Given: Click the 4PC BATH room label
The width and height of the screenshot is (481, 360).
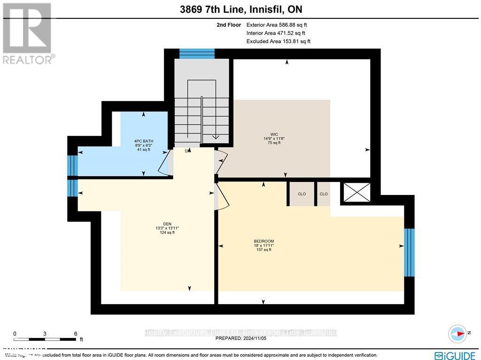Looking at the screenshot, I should coord(144,141).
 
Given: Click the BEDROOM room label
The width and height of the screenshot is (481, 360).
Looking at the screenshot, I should coord(263,241).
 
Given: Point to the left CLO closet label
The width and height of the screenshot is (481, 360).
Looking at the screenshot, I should coord(302,194).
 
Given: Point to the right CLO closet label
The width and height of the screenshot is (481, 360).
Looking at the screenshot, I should coord(323,194).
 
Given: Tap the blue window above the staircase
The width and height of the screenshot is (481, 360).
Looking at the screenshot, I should coord(197,53).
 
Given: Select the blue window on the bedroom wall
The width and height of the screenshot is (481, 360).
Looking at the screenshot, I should coord(409,252).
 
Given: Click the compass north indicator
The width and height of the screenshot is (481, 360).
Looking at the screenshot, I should coord(458,332).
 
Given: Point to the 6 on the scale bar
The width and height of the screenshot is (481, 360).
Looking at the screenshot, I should coord(75,333).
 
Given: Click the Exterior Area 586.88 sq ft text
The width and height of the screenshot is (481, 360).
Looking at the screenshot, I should coord(276,25).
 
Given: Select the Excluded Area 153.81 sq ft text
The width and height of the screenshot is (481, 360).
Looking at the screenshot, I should coord(278,41).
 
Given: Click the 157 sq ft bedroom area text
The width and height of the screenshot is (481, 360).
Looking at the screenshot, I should coord(263,250).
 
